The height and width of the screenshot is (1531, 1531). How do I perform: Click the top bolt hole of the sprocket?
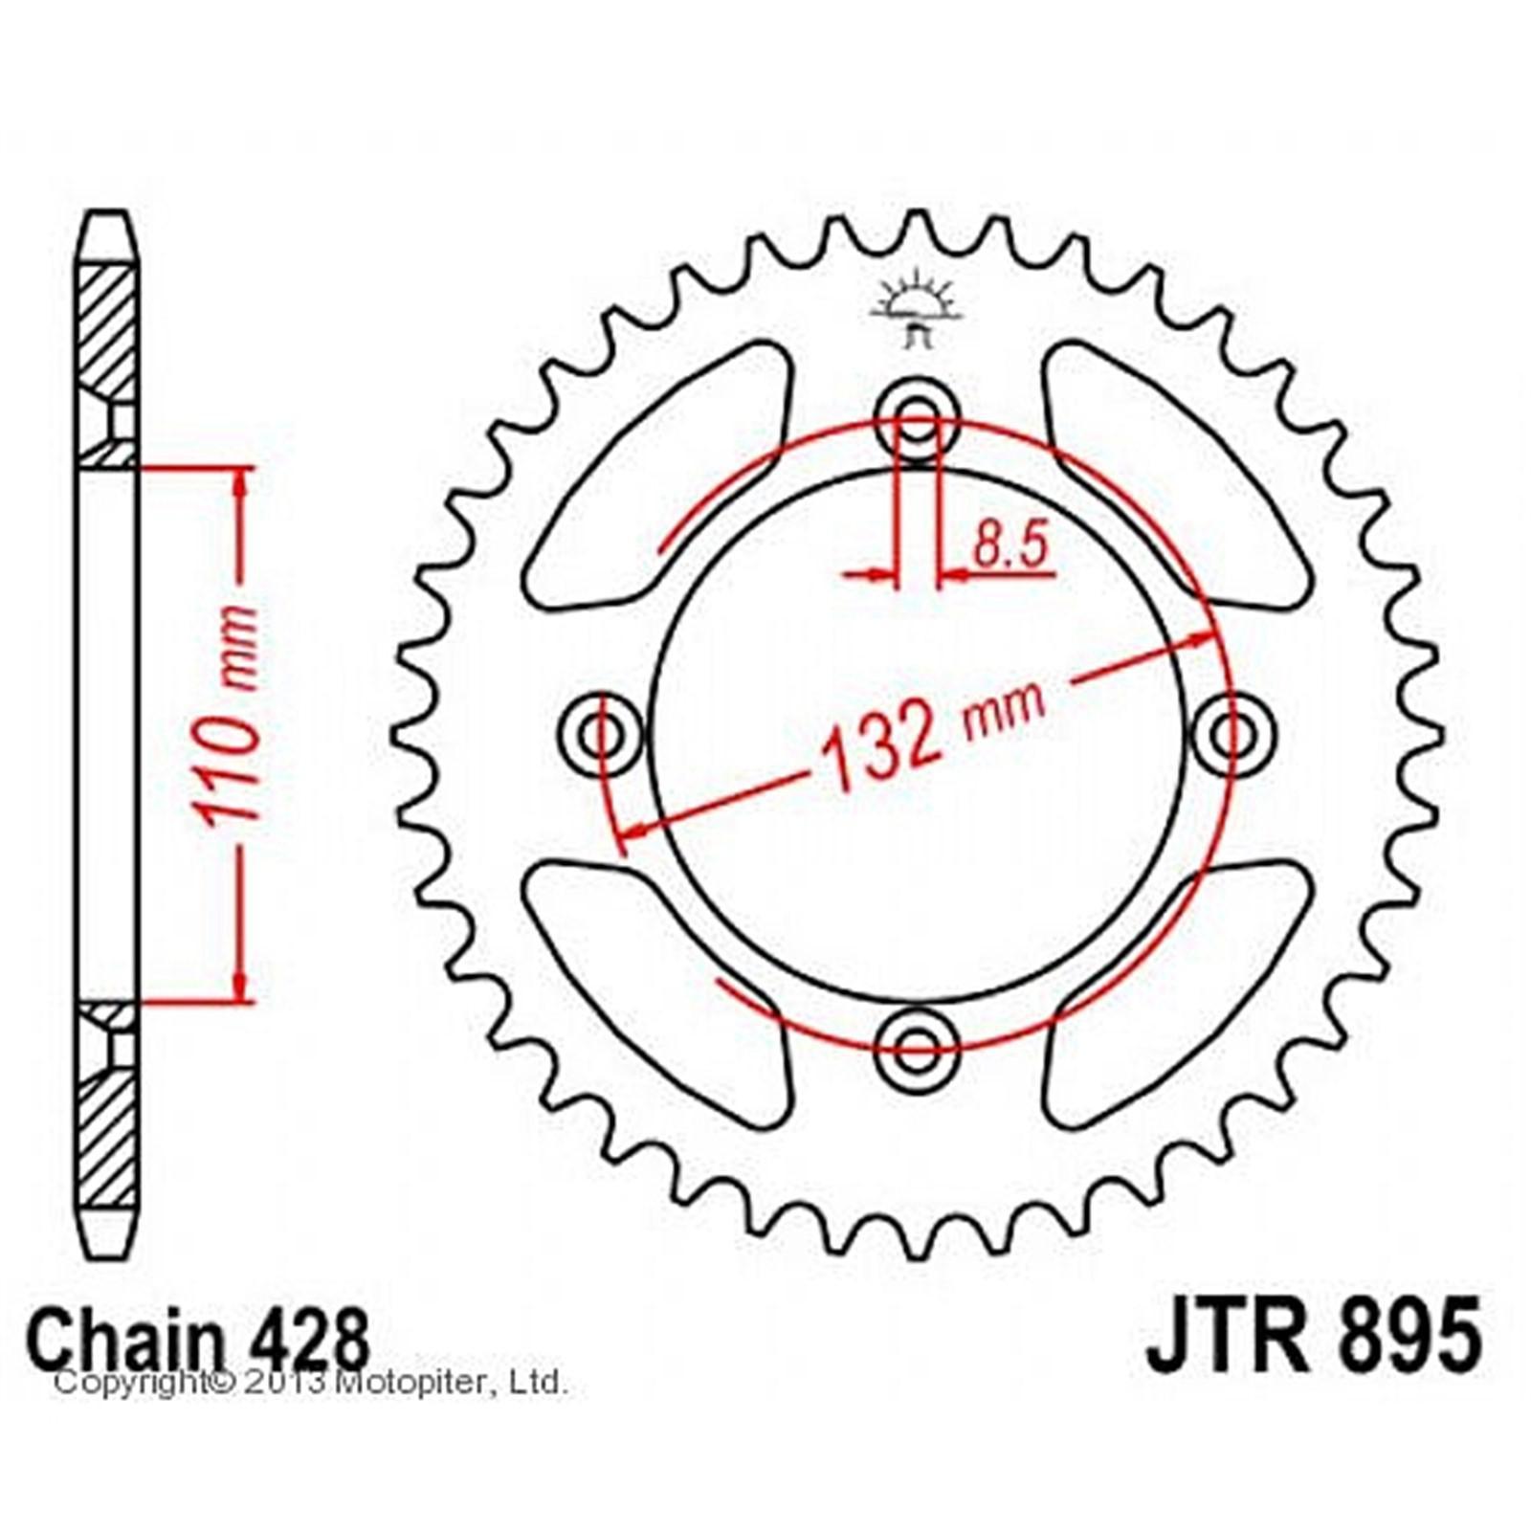(x=917, y=419)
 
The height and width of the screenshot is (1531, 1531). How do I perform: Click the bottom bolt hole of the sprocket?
(x=917, y=1050)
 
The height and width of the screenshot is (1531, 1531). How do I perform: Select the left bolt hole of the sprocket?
(x=601, y=735)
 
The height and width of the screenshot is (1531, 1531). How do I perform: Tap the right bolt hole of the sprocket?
(x=1233, y=735)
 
